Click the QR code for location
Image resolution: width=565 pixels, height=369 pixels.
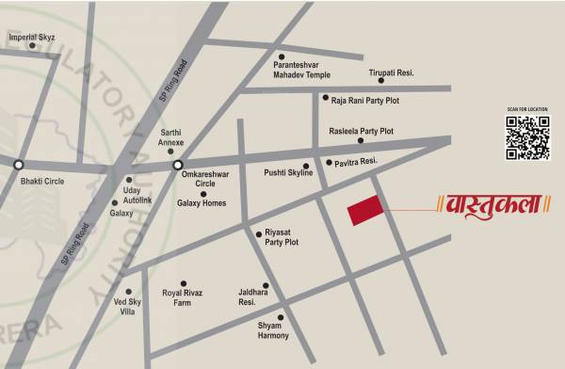pos(527,136)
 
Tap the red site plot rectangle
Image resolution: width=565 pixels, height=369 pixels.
pos(364,211)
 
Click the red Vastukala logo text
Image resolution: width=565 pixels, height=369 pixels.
pos(493,202)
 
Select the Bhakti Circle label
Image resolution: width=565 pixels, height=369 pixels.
pos(41,181)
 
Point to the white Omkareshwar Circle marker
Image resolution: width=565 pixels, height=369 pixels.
pos(177,166)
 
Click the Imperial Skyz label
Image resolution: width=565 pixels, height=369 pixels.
pos(32,37)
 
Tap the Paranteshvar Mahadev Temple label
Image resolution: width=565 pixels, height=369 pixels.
pos(301,68)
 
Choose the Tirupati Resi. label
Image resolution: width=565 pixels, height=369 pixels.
pos(391,72)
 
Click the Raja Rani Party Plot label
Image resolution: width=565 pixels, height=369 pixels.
pos(365,97)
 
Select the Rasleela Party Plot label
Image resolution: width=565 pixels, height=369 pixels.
pos(361,131)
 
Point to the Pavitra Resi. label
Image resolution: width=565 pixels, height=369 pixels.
pos(356,162)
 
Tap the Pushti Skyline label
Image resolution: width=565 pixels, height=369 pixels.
pos(288,173)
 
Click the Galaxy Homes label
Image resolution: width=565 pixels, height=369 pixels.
pos(202,202)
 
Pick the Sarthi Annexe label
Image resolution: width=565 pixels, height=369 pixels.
pos(171,137)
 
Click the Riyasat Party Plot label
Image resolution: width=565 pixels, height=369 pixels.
pos(282,237)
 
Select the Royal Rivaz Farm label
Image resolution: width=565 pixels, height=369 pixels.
pos(183,297)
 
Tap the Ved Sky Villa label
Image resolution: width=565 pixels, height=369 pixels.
pos(127,309)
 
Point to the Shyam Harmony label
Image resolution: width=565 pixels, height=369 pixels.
pos(274,330)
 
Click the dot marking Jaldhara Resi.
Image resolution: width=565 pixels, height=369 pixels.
pos(266,285)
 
